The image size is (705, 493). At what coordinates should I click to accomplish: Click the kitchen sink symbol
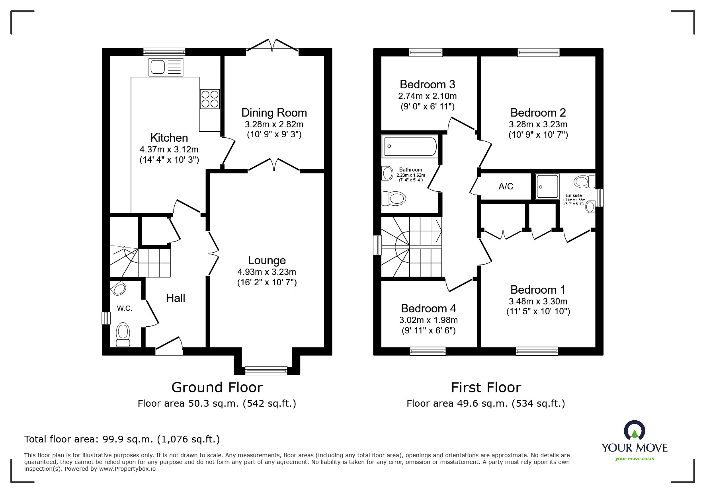pyautogui.click(x=166, y=67)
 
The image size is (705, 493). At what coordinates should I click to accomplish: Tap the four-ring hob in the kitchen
pyautogui.click(x=210, y=99)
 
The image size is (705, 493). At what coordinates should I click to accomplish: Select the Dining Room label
pyautogui.click(x=274, y=113)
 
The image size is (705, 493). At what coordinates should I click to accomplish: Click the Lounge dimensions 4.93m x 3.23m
pyautogui.click(x=267, y=272)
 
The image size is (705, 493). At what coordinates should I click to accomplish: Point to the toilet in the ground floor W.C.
pyautogui.click(x=123, y=335)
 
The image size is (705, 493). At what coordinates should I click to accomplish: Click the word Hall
pyautogui.click(x=176, y=298)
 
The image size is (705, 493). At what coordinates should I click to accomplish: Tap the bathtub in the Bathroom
pyautogui.click(x=410, y=146)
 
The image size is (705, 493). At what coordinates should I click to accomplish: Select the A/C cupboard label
pyautogui.click(x=506, y=186)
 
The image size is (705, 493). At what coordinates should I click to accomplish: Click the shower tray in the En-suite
pyautogui.click(x=547, y=186)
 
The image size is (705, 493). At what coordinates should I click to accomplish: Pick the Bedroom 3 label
pyautogui.click(x=427, y=84)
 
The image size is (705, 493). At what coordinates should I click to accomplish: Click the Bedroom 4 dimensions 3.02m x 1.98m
pyautogui.click(x=428, y=320)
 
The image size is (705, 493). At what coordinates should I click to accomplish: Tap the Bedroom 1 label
pyautogui.click(x=538, y=290)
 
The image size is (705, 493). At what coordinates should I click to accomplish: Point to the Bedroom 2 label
pyautogui.click(x=538, y=113)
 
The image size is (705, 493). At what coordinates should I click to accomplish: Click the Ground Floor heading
pyautogui.click(x=217, y=387)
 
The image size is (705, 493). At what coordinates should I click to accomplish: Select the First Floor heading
pyautogui.click(x=486, y=387)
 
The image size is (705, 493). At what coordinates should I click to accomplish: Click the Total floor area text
pyautogui.click(x=122, y=439)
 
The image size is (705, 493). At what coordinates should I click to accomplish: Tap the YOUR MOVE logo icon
pyautogui.click(x=634, y=431)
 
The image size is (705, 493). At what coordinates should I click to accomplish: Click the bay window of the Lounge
pyautogui.click(x=266, y=370)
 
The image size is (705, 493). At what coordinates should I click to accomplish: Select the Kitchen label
pyautogui.click(x=169, y=138)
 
